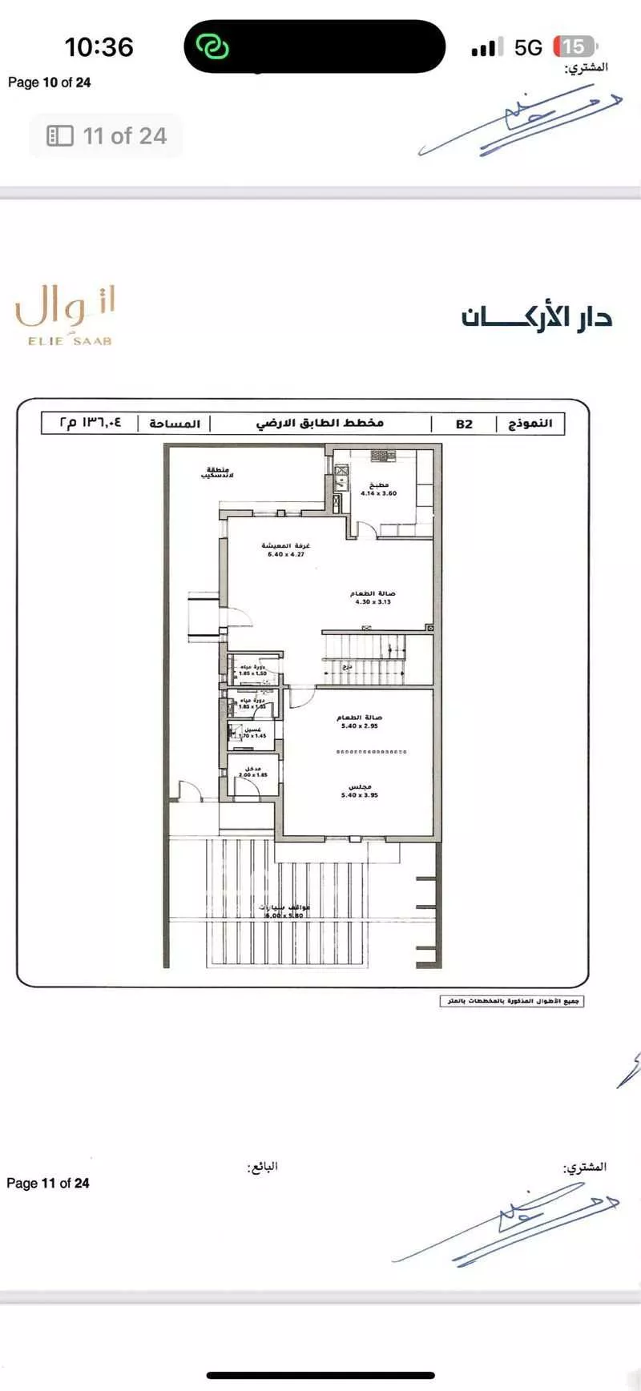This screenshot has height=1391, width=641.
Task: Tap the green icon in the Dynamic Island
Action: click(x=213, y=47)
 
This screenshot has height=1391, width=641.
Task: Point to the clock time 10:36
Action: click(x=99, y=47)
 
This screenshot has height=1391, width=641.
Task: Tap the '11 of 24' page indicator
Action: click(x=107, y=136)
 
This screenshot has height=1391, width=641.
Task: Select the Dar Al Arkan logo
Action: click(x=537, y=317)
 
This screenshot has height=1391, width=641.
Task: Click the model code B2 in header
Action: click(x=465, y=424)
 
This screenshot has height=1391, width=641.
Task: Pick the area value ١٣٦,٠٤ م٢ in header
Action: click(x=90, y=423)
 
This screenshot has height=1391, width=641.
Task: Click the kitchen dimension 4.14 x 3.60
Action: click(x=378, y=493)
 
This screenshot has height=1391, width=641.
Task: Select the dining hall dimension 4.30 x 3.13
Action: click(x=373, y=601)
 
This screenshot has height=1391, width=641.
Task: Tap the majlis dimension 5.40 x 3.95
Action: click(x=359, y=795)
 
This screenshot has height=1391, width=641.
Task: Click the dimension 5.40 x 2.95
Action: click(x=359, y=726)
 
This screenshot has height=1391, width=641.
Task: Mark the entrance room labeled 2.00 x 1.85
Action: click(x=252, y=774)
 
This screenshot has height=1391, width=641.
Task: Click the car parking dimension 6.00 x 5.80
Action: click(x=284, y=915)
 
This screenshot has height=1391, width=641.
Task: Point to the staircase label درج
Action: click(x=347, y=666)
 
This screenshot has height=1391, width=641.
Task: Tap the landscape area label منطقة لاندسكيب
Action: click(x=217, y=472)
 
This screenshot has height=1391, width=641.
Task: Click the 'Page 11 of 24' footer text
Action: click(x=48, y=1183)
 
